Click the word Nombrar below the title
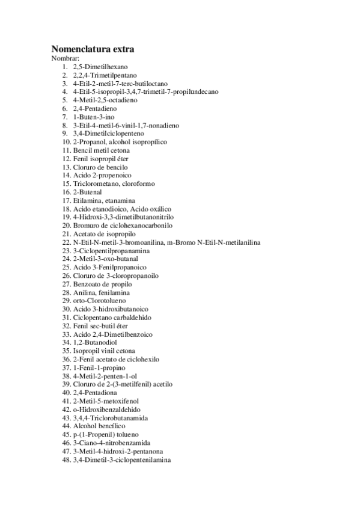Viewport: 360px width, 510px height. [x=65, y=58]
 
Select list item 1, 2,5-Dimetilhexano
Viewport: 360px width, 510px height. [x=100, y=67]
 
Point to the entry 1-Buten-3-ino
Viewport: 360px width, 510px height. [x=94, y=117]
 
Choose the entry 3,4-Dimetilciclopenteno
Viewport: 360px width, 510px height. [x=107, y=134]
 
